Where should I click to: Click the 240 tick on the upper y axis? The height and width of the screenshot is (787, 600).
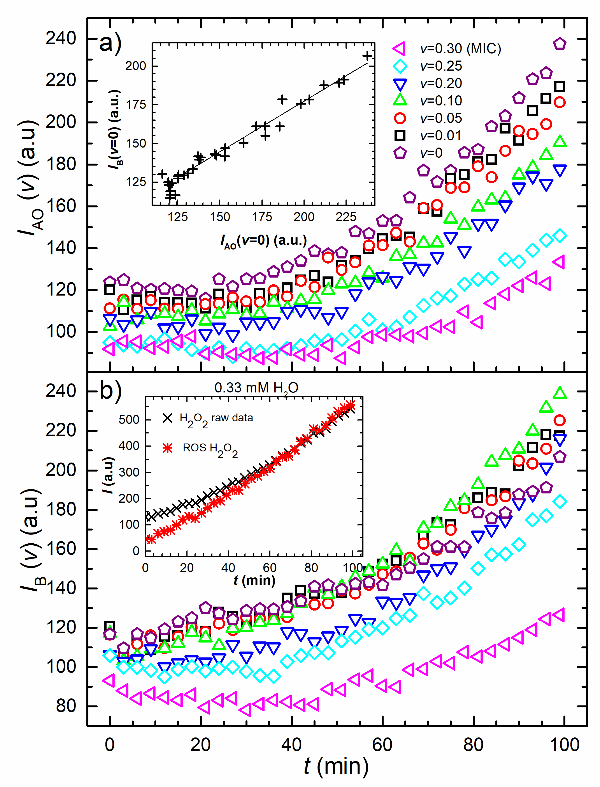61,38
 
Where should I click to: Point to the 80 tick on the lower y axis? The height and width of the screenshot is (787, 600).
66,706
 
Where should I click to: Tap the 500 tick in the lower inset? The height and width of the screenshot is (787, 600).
129,420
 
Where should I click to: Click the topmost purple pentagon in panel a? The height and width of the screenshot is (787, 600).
560,44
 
